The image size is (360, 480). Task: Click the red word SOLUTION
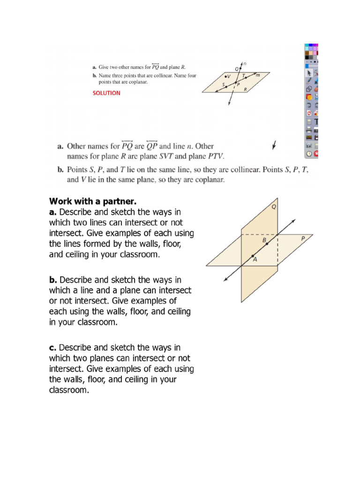pyautogui.click(x=106, y=93)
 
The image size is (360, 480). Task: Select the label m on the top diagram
pyautogui.click(x=257, y=75)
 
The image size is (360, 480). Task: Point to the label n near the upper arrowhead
pyautogui.click(x=245, y=64)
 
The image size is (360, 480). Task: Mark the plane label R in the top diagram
pyautogui.click(x=245, y=89)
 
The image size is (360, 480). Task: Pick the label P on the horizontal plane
pyautogui.click(x=303, y=239)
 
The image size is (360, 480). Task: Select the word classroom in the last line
pyautogui.click(x=68, y=390)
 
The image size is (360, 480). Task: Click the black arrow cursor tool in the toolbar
pyautogui.click(x=309, y=73)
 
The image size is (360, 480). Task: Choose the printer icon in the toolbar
pyautogui.click(x=309, y=129)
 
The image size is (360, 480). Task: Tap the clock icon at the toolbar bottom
pyautogui.click(x=309, y=153)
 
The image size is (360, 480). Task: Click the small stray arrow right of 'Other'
pyautogui.click(x=274, y=146)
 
